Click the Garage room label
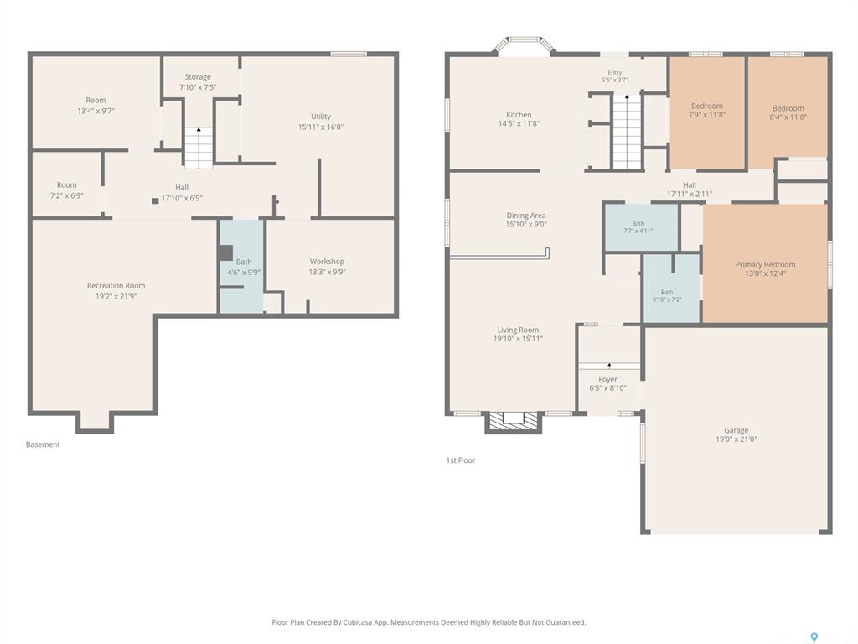[x=736, y=430]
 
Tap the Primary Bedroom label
[x=765, y=264]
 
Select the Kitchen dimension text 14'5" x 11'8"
[x=519, y=124]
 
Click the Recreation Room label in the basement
[x=116, y=285]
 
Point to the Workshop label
[x=327, y=262]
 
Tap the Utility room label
[x=321, y=116]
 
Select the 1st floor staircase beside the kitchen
[x=627, y=132]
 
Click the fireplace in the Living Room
[x=514, y=421]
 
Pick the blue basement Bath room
[x=242, y=266]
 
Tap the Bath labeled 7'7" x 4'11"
[x=641, y=227]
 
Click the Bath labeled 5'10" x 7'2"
[x=671, y=288]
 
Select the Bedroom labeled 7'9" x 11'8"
[x=707, y=112]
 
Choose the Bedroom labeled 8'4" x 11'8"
[x=788, y=107]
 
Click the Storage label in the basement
[x=198, y=76]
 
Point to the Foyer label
[x=608, y=379]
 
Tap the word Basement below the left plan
[x=43, y=444]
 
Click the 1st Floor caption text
[x=461, y=460]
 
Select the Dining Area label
[x=526, y=216]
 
